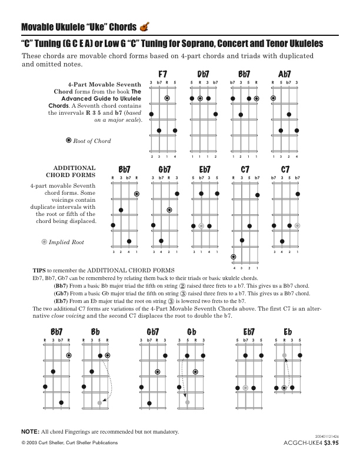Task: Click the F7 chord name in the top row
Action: click(x=163, y=74)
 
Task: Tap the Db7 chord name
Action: click(x=203, y=74)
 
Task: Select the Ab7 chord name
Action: click(x=285, y=74)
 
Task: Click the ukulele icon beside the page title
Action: click(x=145, y=27)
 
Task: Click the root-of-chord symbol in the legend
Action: click(x=69, y=141)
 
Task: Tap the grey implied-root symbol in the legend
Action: click(x=44, y=242)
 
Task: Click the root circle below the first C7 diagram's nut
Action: click(x=234, y=257)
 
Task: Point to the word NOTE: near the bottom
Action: click(x=30, y=432)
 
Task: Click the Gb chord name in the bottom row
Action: click(x=192, y=332)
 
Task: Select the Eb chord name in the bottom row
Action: click(x=288, y=332)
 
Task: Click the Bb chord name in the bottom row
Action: click(x=96, y=332)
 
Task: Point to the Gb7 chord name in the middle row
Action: click(x=165, y=169)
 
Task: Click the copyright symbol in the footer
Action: click(x=23, y=442)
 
